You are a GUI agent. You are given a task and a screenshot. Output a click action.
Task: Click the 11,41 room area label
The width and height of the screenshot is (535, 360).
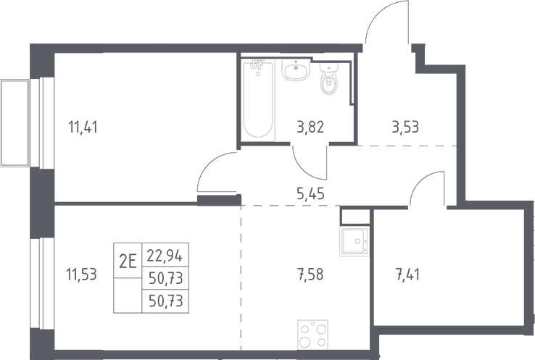tap(83, 127)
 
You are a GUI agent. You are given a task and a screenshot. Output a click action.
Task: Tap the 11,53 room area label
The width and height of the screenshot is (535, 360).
tap(83, 274)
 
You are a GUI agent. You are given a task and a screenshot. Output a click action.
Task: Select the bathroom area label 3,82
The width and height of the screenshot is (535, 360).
tap(310, 127)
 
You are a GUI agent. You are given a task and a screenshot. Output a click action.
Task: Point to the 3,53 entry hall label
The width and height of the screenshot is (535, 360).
tap(405, 127)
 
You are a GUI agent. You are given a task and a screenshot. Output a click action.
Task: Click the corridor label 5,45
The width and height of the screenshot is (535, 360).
tap(310, 193)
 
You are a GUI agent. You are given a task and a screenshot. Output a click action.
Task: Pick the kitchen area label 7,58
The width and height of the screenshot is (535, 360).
tap(310, 274)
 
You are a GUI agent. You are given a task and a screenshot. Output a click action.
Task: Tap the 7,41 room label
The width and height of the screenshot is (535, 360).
tap(407, 274)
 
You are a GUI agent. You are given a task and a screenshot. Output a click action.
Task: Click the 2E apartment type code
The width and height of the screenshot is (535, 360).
tap(128, 261)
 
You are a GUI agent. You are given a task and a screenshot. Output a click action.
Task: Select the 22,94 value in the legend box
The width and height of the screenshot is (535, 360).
tap(165, 256)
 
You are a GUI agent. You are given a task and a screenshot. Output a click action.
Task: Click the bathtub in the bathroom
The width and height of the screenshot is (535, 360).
tap(258, 99)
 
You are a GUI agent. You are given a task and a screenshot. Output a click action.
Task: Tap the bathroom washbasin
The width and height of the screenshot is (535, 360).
tap(296, 70)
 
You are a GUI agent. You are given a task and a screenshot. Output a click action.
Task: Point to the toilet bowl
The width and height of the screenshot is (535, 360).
tap(328, 79)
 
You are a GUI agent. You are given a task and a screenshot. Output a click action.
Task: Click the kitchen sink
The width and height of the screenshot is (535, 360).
tap(354, 242)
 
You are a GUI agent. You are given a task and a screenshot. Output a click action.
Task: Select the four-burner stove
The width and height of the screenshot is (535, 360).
tap(312, 335)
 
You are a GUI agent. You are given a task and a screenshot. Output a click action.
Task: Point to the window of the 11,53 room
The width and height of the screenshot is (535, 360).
tap(41, 283)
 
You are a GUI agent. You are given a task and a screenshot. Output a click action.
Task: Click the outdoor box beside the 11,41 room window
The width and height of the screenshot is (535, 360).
tap(14, 122)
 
